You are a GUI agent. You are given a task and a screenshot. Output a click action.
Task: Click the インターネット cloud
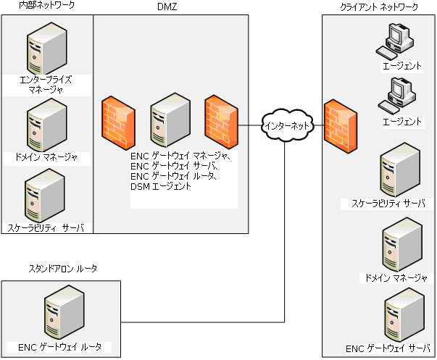pyautogui.click(x=288, y=125)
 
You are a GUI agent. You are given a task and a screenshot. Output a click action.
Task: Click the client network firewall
pyautogui.click(x=340, y=126)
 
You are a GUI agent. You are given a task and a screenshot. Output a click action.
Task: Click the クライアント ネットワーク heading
pyautogui.click(x=379, y=7)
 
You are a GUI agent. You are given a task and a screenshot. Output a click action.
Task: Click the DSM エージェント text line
pyautogui.click(x=160, y=186)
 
